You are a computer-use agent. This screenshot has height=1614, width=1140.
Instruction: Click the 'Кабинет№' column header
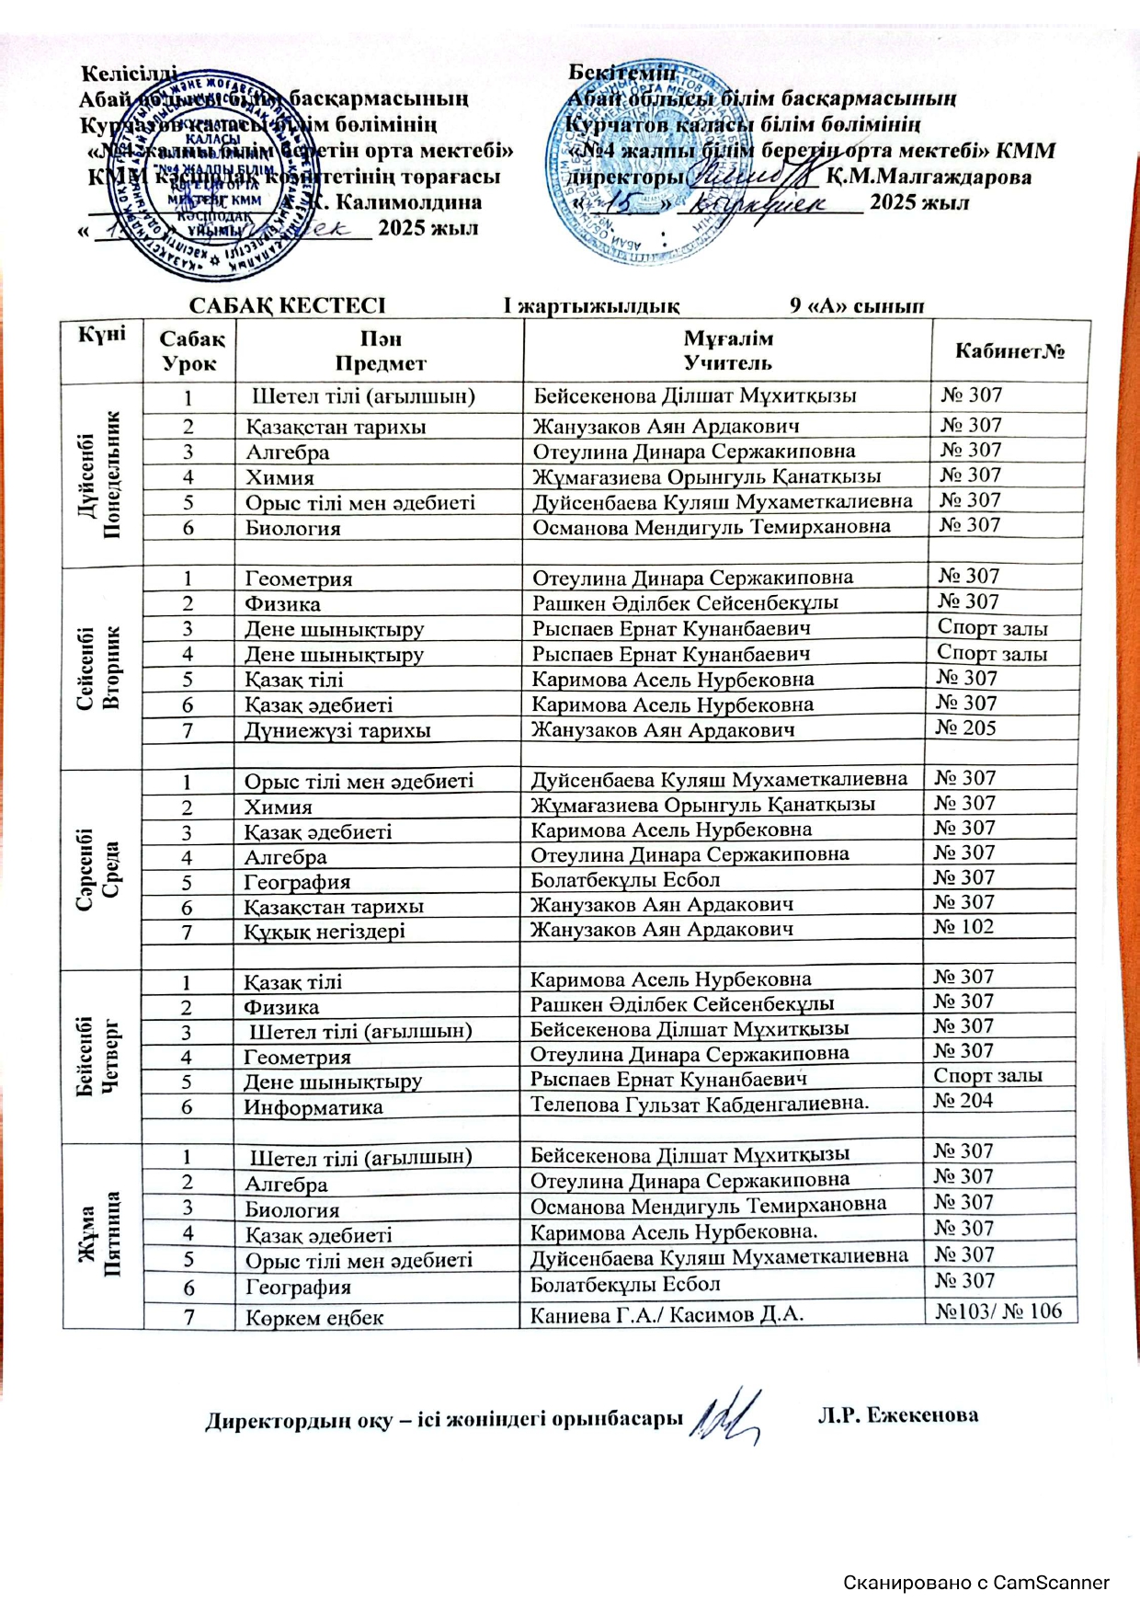point(1009,350)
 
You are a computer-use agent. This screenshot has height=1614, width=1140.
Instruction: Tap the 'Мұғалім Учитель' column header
point(728,350)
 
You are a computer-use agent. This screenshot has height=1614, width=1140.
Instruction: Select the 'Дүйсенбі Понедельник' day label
point(101,475)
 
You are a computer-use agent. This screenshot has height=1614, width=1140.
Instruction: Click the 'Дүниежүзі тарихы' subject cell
point(337,731)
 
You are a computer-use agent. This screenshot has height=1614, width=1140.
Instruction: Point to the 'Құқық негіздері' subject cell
point(325,931)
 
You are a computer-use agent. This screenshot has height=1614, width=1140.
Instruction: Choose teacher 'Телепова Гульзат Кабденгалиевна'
point(700,1103)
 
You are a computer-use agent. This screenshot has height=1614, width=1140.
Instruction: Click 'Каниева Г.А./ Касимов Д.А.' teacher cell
point(667,1315)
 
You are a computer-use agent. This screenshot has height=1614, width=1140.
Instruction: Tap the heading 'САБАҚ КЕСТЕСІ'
point(287,305)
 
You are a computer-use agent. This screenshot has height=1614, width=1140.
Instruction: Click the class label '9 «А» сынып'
point(857,305)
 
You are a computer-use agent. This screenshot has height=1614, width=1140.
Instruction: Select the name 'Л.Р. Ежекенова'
point(897,1415)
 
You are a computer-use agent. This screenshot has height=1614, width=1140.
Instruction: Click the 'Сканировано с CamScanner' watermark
point(976,1583)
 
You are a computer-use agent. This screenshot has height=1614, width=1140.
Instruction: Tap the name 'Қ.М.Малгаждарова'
point(928,177)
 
